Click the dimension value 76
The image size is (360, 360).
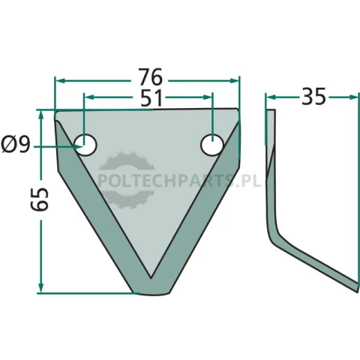151,77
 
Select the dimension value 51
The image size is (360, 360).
151,98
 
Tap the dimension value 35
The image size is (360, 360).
313,96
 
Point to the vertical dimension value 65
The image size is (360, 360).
40,199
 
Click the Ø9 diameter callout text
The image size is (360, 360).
16,145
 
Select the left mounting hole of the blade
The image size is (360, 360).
85,145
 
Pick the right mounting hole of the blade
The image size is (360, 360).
212,145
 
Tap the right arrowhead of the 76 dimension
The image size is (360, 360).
234,80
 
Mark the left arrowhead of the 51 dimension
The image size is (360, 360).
89,97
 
